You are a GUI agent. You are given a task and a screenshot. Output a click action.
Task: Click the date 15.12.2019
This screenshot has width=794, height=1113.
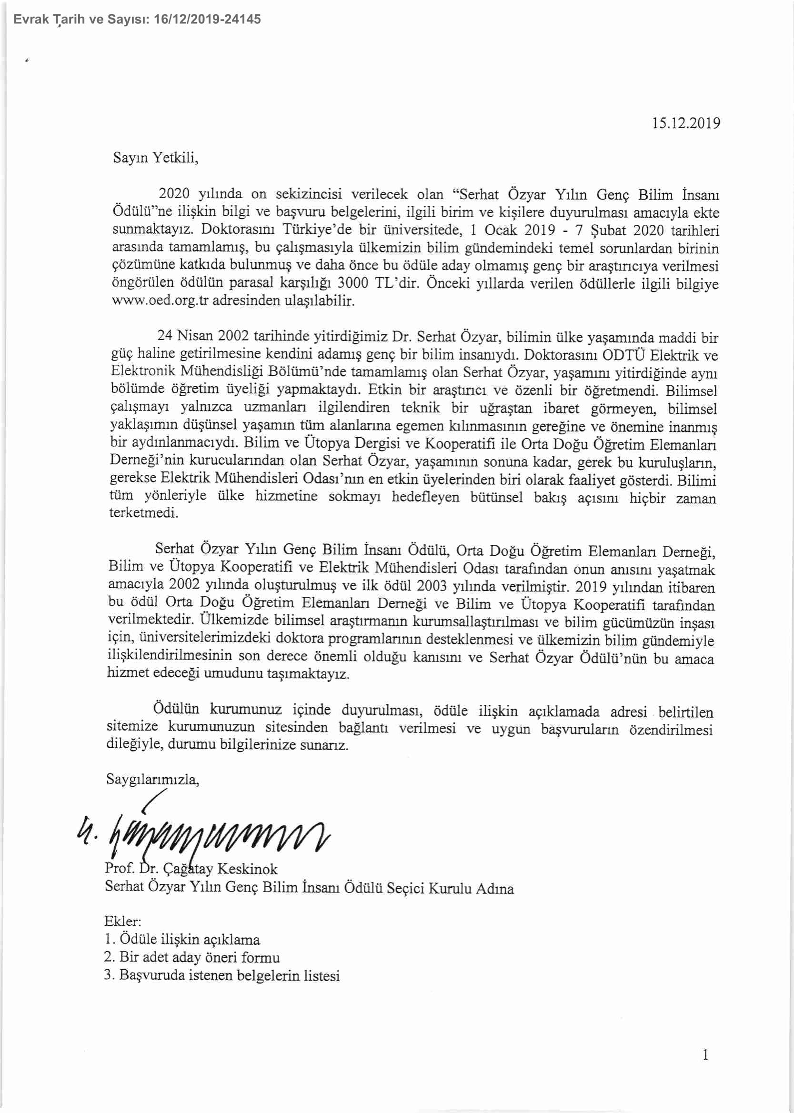(686, 123)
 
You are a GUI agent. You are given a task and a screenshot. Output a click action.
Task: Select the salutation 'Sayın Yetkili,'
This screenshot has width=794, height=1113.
(156, 158)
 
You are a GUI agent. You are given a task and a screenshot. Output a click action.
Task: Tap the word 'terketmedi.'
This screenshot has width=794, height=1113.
(143, 514)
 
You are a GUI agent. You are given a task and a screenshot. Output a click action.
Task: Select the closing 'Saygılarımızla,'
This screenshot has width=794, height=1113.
(152, 779)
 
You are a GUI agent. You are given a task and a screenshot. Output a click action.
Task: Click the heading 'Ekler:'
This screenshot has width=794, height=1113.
(123, 922)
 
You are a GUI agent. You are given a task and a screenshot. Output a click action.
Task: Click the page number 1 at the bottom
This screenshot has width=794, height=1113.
(705, 1069)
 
